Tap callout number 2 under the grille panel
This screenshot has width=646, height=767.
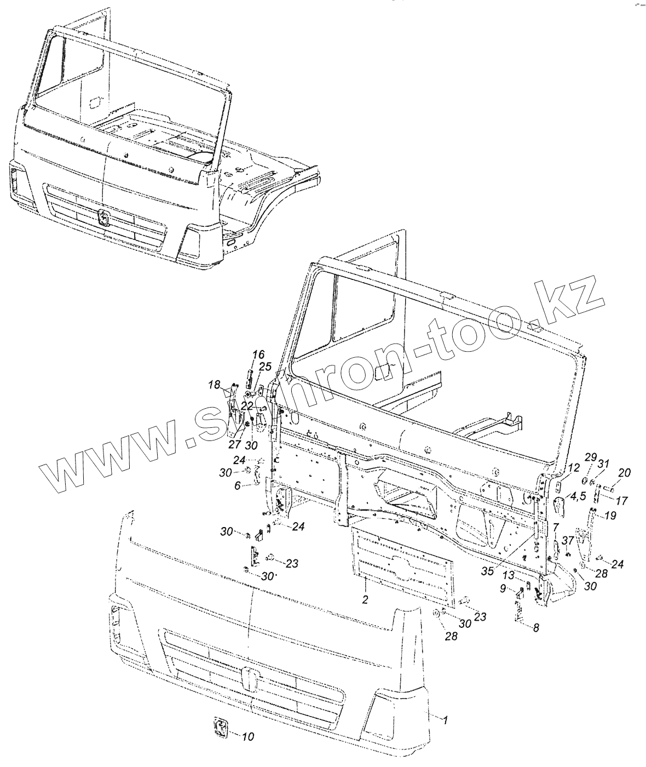pyautogui.click(x=365, y=599)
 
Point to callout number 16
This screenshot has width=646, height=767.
pyautogui.click(x=258, y=355)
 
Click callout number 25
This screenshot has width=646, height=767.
pyautogui.click(x=265, y=367)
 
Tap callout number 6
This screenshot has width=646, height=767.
pyautogui.click(x=238, y=485)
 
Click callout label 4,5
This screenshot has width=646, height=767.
pyautogui.click(x=577, y=496)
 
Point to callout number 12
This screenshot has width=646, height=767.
pyautogui.click(x=573, y=467)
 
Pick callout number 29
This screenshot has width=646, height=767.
pyautogui.click(x=590, y=457)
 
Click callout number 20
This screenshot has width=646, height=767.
pyautogui.click(x=624, y=473)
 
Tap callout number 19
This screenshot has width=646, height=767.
pyautogui.click(x=610, y=516)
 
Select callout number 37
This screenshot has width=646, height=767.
pyautogui.click(x=568, y=540)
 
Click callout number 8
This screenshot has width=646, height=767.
pyautogui.click(x=536, y=628)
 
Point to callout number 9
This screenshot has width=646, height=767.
pyautogui.click(x=503, y=588)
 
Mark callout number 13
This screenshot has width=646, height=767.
pyautogui.click(x=509, y=575)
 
